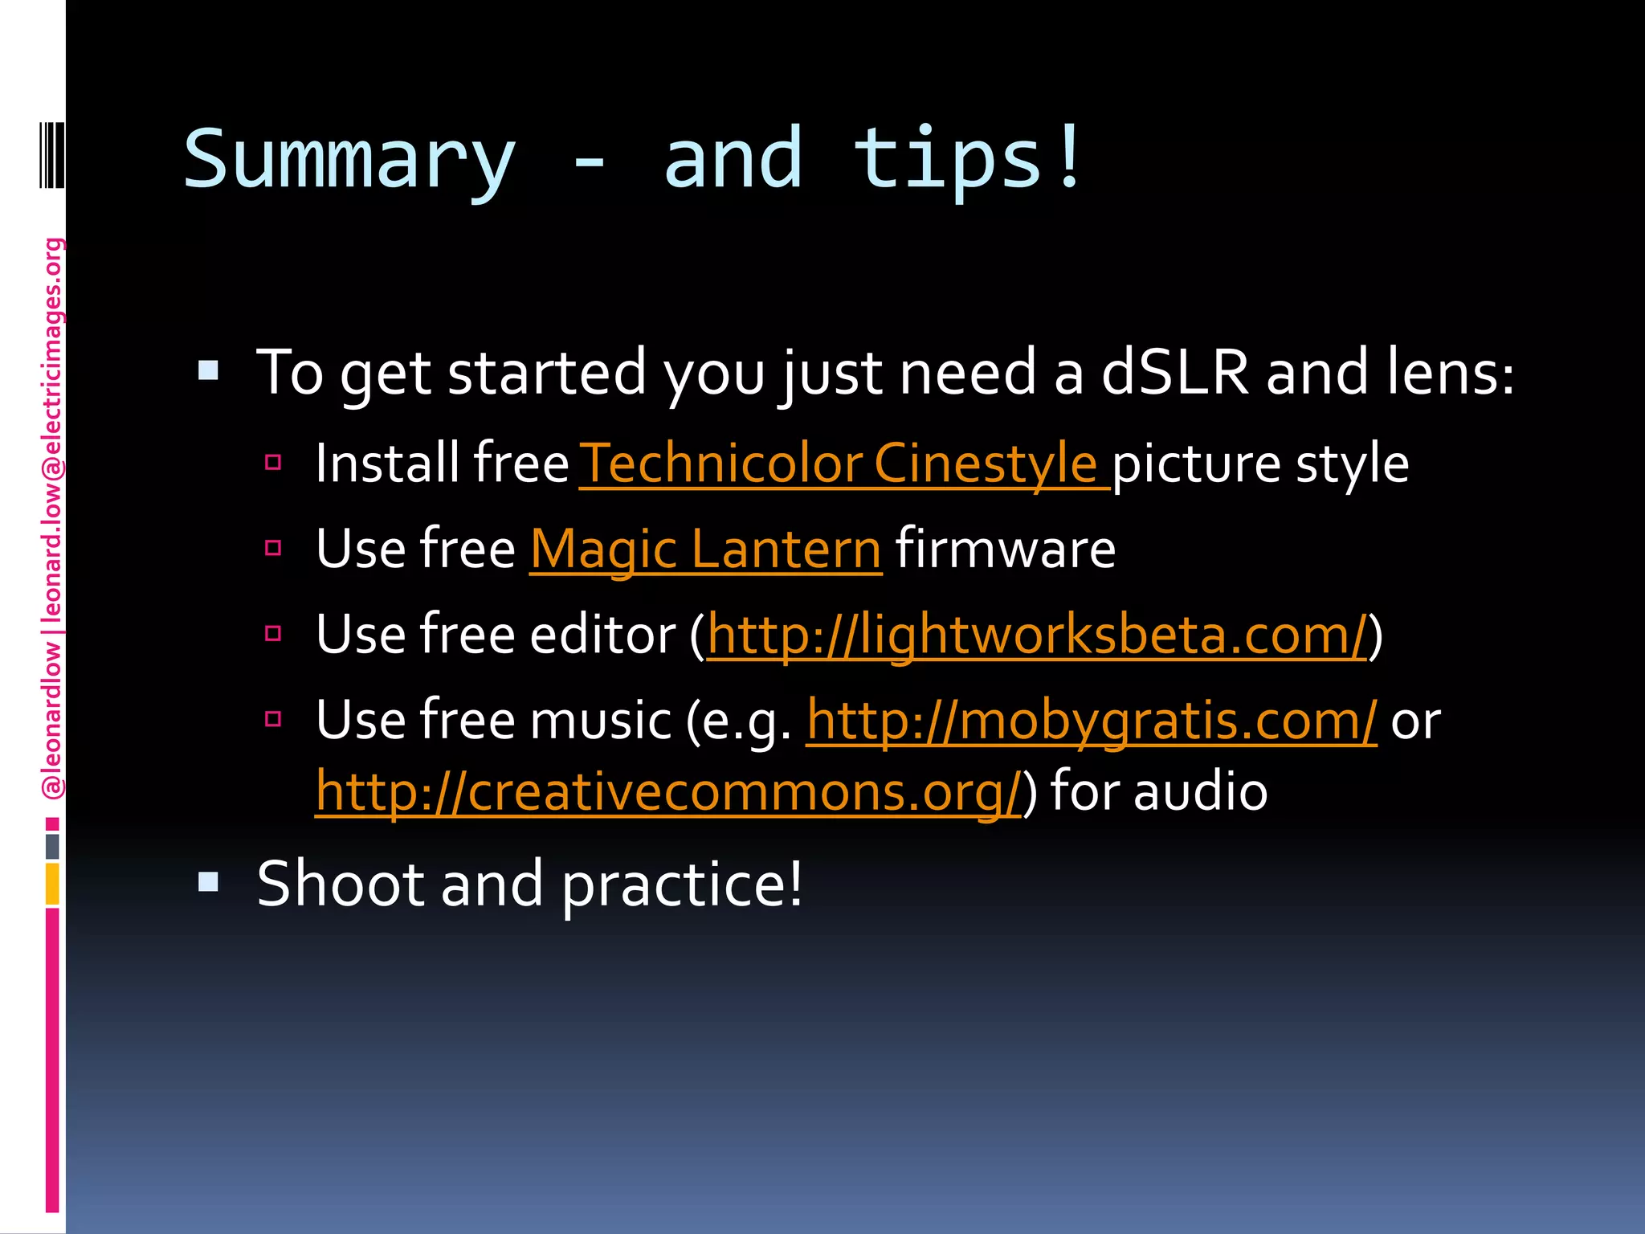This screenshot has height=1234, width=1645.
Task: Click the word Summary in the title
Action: (349, 161)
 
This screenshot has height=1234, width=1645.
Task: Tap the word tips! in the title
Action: (968, 161)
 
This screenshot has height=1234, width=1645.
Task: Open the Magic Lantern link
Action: (705, 550)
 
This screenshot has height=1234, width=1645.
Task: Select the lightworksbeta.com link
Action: (1036, 635)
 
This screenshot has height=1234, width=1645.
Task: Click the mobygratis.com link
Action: (1091, 720)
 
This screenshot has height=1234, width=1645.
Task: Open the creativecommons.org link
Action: (667, 791)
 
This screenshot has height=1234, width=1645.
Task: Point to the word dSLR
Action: (1175, 373)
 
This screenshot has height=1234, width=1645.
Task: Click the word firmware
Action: (1005, 550)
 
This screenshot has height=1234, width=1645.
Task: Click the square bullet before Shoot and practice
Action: (208, 883)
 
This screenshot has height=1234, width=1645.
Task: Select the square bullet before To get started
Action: (208, 370)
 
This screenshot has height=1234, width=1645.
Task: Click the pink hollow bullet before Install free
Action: (273, 462)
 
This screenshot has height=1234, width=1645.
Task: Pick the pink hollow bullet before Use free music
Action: (273, 718)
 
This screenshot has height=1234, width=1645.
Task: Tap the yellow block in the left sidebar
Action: (52, 883)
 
